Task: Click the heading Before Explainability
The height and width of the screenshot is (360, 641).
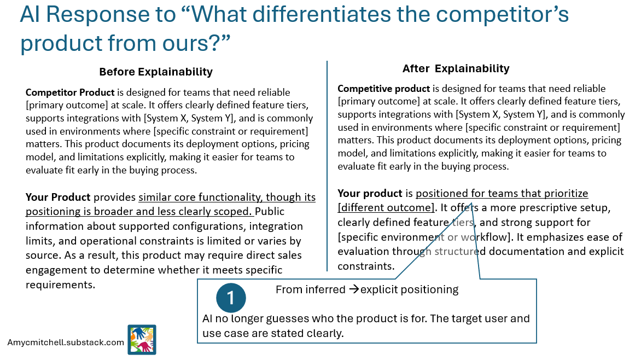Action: (x=156, y=72)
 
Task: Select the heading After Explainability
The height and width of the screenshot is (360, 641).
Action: (x=456, y=68)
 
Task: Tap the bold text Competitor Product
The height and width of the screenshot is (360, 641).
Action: (x=70, y=92)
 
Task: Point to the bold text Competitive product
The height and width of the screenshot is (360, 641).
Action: (x=384, y=88)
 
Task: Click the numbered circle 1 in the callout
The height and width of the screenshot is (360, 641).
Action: (x=231, y=298)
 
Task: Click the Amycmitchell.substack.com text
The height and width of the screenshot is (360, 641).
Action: (x=66, y=342)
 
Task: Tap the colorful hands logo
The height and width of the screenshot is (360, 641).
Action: (x=142, y=340)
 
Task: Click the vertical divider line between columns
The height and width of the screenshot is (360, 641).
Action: (x=327, y=164)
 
